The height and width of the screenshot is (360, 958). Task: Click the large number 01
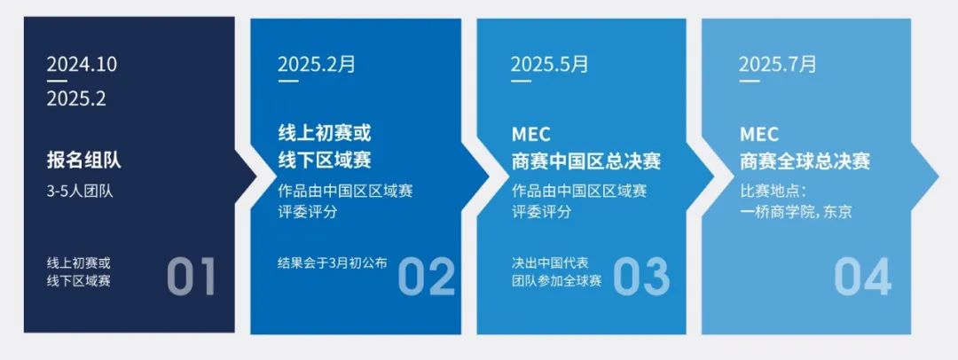tap(192, 276)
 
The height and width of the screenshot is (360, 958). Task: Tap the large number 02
tap(426, 276)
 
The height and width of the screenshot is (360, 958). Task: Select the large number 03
tap(641, 276)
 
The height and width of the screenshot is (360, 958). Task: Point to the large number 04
tap(862, 276)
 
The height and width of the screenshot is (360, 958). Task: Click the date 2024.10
tap(82, 65)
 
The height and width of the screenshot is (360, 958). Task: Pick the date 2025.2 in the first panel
tap(76, 99)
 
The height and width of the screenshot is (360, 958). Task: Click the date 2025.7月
tap(778, 64)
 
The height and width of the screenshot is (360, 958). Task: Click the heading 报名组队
tap(84, 161)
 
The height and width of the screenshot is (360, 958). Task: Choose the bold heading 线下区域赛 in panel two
tap(325, 161)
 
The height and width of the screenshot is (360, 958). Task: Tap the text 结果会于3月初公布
tap(333, 262)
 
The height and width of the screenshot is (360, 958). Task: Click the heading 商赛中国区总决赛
tap(586, 161)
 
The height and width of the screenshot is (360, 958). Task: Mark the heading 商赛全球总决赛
tap(805, 161)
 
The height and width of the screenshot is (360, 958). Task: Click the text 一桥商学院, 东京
tap(796, 212)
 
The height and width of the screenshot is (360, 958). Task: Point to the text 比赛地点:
tap(772, 191)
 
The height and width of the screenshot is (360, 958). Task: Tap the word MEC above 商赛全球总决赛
tap(759, 135)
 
